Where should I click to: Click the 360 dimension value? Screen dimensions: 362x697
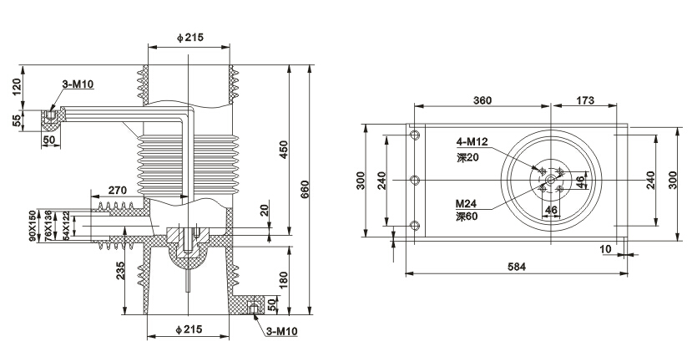[x=482, y=100]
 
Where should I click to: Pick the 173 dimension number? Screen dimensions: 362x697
[x=584, y=100]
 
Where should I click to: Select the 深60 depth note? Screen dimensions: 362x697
[x=466, y=217]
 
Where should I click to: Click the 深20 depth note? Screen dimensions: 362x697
[x=466, y=156]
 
